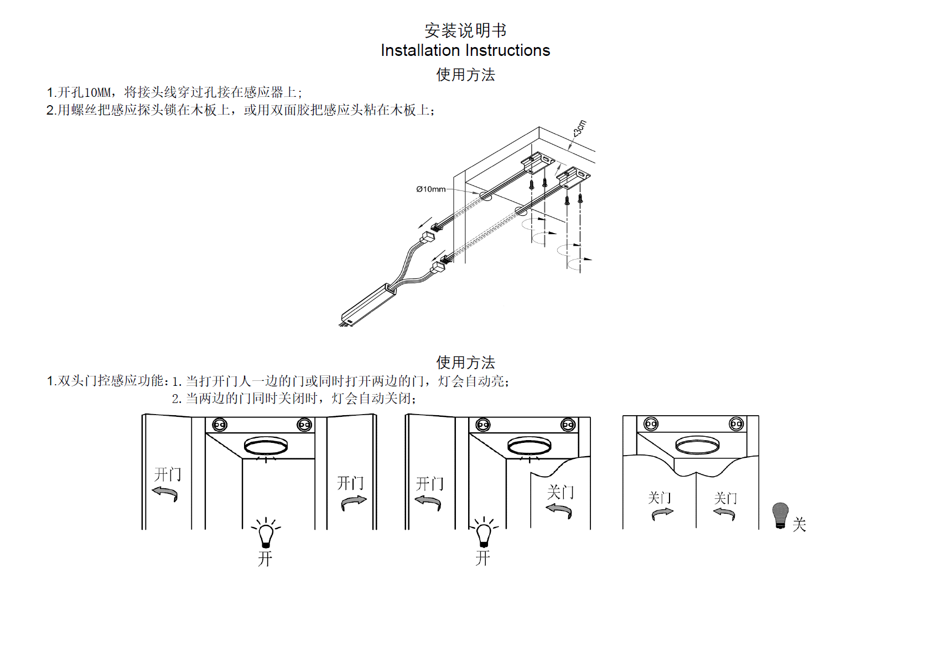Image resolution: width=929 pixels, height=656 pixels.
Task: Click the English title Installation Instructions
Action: (465, 50)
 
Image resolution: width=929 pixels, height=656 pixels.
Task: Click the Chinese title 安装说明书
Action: (465, 30)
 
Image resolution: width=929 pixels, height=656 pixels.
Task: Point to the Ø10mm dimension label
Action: (430, 189)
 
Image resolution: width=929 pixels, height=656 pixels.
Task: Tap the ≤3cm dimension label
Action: (579, 128)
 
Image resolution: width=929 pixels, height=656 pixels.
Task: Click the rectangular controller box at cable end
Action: (368, 304)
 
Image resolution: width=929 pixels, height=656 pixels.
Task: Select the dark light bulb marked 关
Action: (780, 515)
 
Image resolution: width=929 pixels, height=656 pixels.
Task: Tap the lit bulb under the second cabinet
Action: (484, 533)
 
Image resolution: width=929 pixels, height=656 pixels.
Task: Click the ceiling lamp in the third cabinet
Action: (697, 445)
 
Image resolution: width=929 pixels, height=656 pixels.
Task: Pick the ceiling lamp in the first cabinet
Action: (266, 446)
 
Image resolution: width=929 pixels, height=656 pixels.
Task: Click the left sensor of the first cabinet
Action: (220, 425)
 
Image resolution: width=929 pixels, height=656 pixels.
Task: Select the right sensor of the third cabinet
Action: (736, 424)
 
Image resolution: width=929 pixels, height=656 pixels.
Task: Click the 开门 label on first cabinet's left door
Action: (167, 474)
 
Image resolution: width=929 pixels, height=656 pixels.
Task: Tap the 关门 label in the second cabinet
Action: (560, 492)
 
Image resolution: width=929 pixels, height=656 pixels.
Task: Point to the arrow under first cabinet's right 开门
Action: (354, 502)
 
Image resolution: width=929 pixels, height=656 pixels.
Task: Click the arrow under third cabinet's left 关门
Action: (662, 514)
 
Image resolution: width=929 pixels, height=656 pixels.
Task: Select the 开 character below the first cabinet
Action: (265, 559)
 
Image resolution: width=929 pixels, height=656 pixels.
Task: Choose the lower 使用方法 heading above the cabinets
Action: (465, 363)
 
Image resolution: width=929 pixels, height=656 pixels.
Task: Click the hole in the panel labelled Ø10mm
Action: (485, 195)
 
